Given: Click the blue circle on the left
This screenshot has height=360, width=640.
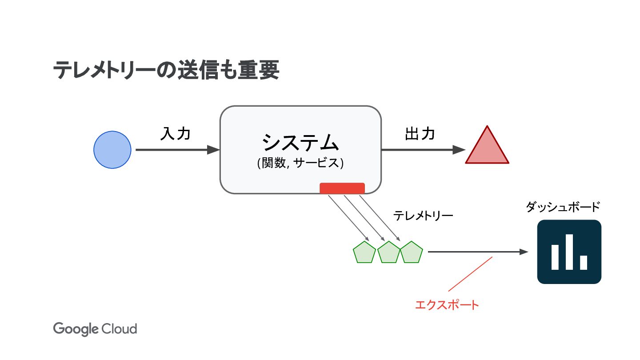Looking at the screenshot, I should point(112,150).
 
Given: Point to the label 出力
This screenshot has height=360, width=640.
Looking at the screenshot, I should point(420,134).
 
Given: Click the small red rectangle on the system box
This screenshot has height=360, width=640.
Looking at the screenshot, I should point(342,188).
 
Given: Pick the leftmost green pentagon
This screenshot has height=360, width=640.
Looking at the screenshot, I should point(364,252).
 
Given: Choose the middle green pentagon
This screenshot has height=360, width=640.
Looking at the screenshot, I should point(389,252).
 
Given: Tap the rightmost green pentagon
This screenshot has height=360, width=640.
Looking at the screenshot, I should point(412,252).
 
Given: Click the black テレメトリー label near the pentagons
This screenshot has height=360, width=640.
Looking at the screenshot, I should point(423,216).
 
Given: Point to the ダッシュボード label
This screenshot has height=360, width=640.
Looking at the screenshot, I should point(563,207).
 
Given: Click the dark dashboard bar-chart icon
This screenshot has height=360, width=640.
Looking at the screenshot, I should point(569,252).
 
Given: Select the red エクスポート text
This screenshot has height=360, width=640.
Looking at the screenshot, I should point(447,305).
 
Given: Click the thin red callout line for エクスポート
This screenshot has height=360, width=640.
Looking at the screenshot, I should point(470,274).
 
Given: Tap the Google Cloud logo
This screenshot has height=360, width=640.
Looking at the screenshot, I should point(95,329).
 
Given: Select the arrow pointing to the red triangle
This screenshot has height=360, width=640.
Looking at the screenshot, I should point(422,150).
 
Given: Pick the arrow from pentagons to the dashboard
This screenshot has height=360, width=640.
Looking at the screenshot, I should point(478,252).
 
